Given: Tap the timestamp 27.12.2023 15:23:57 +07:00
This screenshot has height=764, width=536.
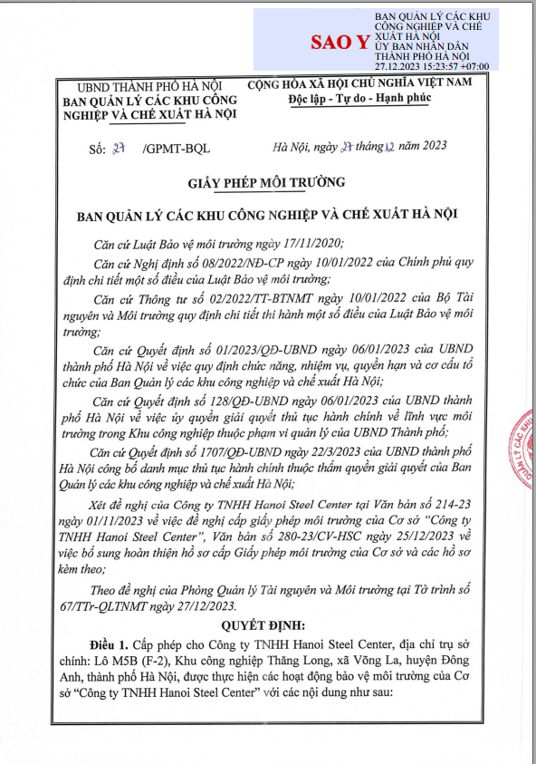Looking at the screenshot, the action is [432, 66].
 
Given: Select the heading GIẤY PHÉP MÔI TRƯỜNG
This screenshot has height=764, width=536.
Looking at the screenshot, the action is [267, 182].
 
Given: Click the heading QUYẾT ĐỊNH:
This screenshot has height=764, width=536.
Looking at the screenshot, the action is [268, 625].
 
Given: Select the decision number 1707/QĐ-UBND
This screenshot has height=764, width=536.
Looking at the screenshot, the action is [244, 452].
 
